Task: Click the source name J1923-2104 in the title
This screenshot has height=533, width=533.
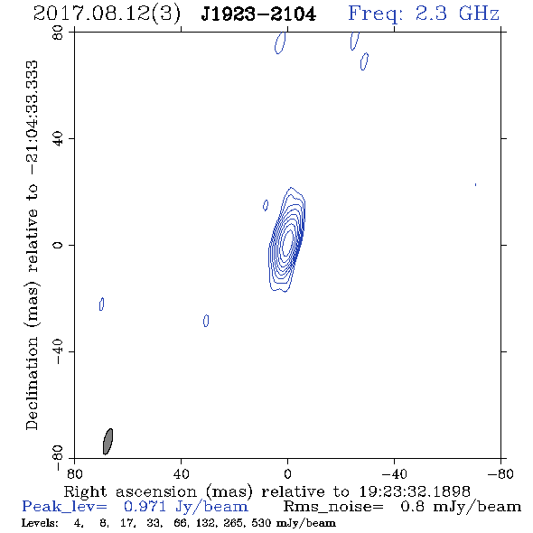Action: [258, 14]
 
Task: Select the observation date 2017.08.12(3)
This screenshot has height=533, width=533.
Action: [107, 14]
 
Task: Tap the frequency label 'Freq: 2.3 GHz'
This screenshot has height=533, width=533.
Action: [424, 14]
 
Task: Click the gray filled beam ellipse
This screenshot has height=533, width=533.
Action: [108, 441]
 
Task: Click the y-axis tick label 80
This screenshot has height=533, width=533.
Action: [58, 33]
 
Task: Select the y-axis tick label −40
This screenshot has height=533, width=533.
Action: [58, 351]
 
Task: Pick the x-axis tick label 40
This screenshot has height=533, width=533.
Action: [181, 473]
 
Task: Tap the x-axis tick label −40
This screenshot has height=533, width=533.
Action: [394, 473]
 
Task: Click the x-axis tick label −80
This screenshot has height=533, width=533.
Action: [500, 473]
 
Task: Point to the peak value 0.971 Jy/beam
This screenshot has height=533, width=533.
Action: [186, 507]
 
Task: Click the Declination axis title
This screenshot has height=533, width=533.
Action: [33, 245]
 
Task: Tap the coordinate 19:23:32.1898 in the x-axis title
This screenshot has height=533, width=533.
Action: [415, 491]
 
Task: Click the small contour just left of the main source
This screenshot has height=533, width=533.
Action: [266, 205]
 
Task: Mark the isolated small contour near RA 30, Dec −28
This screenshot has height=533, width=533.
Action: [206, 321]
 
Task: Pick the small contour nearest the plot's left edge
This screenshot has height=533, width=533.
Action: [102, 304]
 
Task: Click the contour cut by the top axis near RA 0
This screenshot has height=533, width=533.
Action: [280, 43]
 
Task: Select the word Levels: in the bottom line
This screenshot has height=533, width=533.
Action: [40, 522]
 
